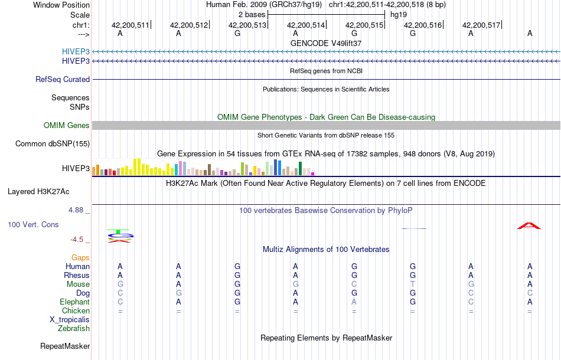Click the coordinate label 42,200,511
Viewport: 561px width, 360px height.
[131, 25]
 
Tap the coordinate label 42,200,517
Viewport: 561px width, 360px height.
[481, 25]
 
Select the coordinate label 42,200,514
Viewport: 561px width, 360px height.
[306, 25]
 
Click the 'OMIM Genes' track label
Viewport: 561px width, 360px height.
[66, 125]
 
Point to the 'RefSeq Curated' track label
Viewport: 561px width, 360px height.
[63, 79]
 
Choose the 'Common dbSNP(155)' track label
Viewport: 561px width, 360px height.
[53, 143]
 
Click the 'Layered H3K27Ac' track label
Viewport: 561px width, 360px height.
[38, 191]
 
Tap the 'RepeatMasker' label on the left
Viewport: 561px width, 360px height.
[65, 346]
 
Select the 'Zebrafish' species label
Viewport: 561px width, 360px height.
[74, 328]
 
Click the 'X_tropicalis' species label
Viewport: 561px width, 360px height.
[70, 319]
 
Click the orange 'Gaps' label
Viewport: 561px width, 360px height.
[80, 257]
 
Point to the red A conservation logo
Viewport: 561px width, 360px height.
[529, 225]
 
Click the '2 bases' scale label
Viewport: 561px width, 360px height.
[252, 14]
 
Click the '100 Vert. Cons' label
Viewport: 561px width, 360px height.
[33, 224]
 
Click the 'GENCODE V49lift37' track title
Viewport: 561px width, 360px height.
[326, 43]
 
